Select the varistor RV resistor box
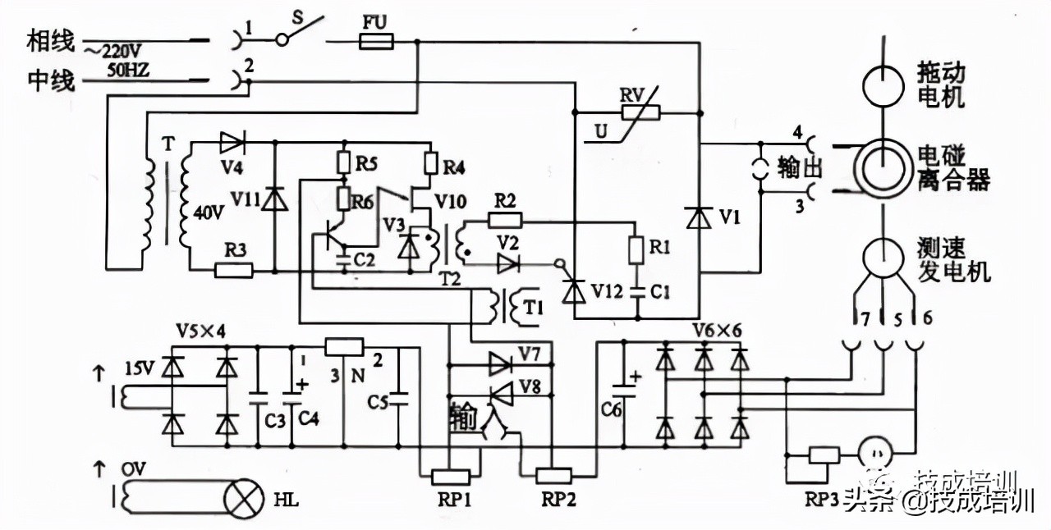(x=640, y=111)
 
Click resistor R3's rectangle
(x=233, y=269)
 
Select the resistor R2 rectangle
(x=505, y=219)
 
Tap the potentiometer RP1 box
(x=449, y=477)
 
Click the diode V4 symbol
(x=231, y=143)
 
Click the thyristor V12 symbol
(x=573, y=289)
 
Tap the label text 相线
(x=51, y=40)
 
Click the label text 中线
(x=51, y=80)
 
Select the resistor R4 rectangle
(x=429, y=163)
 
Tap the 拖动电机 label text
(x=943, y=85)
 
